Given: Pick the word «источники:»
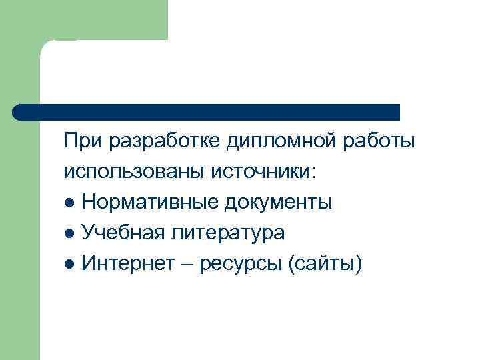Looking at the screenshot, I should pyautogui.click(x=264, y=172).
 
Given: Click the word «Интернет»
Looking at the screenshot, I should pyautogui.click(x=127, y=263).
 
